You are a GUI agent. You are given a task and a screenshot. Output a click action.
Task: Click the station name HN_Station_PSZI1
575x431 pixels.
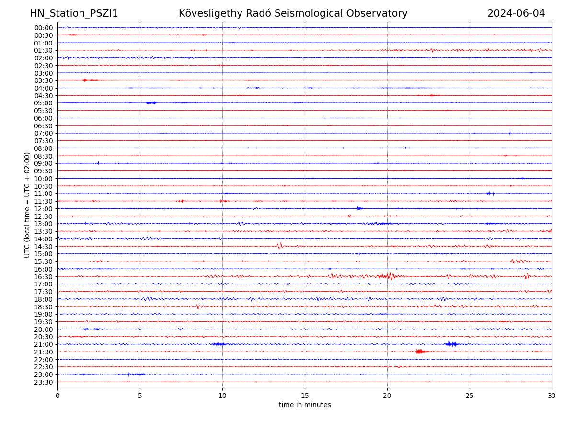pyautogui.click(x=74, y=14)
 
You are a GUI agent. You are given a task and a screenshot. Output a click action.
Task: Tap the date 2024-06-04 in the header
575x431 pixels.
pyautogui.click(x=516, y=14)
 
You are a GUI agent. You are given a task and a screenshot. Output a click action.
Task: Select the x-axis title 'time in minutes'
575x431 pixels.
pyautogui.click(x=305, y=405)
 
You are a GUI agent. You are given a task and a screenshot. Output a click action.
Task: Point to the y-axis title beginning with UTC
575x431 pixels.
pyautogui.click(x=27, y=205)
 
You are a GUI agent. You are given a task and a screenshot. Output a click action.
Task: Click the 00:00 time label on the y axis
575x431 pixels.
pyautogui.click(x=44, y=28)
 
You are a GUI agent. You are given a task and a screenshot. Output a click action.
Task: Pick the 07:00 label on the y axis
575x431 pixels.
pyautogui.click(x=44, y=133)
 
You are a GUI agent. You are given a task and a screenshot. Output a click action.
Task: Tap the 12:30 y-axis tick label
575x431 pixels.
pyautogui.click(x=44, y=216)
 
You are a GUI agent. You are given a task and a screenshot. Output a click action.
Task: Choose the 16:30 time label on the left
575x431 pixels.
pyautogui.click(x=44, y=276)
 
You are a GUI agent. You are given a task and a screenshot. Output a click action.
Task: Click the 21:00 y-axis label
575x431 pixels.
pyautogui.click(x=44, y=344)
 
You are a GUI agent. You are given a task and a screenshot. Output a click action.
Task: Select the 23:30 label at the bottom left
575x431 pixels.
pyautogui.click(x=44, y=382)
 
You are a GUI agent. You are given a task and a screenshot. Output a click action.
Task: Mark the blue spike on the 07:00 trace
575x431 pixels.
pyautogui.click(x=510, y=132)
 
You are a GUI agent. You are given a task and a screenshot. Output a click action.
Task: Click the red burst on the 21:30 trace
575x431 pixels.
pyautogui.click(x=420, y=352)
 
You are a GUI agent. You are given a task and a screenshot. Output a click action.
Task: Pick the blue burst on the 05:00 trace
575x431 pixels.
pyautogui.click(x=151, y=103)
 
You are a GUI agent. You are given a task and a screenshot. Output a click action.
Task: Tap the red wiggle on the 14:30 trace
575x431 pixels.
pyautogui.click(x=279, y=246)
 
